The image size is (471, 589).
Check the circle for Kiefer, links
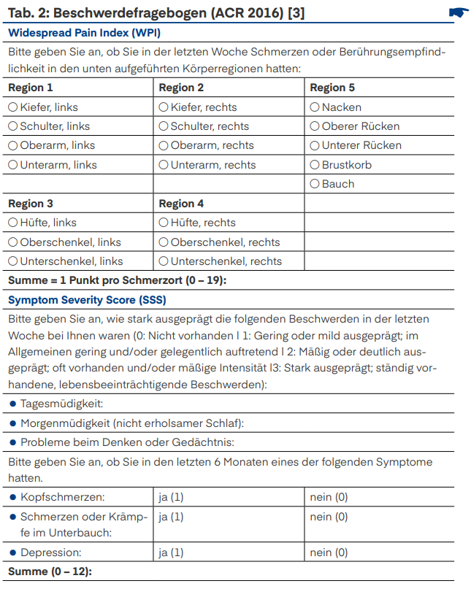click(x=13, y=107)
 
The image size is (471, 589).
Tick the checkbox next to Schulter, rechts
click(x=164, y=126)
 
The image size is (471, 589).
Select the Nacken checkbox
click(x=315, y=107)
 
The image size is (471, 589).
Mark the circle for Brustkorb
click(x=315, y=165)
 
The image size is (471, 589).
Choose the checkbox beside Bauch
click(x=315, y=184)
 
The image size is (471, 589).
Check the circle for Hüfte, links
click(x=13, y=223)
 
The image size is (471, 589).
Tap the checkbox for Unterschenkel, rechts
click(x=164, y=261)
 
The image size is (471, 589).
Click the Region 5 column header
click(x=332, y=88)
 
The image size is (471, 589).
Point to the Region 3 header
click(x=31, y=204)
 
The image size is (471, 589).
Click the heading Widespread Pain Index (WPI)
click(x=84, y=33)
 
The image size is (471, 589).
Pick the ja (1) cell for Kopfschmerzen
click(x=171, y=497)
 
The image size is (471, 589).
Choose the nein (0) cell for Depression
click(x=329, y=553)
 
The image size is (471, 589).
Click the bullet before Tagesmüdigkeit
click(x=13, y=404)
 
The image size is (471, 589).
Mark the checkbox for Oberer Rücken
click(x=315, y=126)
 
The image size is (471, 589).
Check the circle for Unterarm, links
click(x=13, y=165)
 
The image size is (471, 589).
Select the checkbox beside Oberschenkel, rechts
click(x=164, y=242)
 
